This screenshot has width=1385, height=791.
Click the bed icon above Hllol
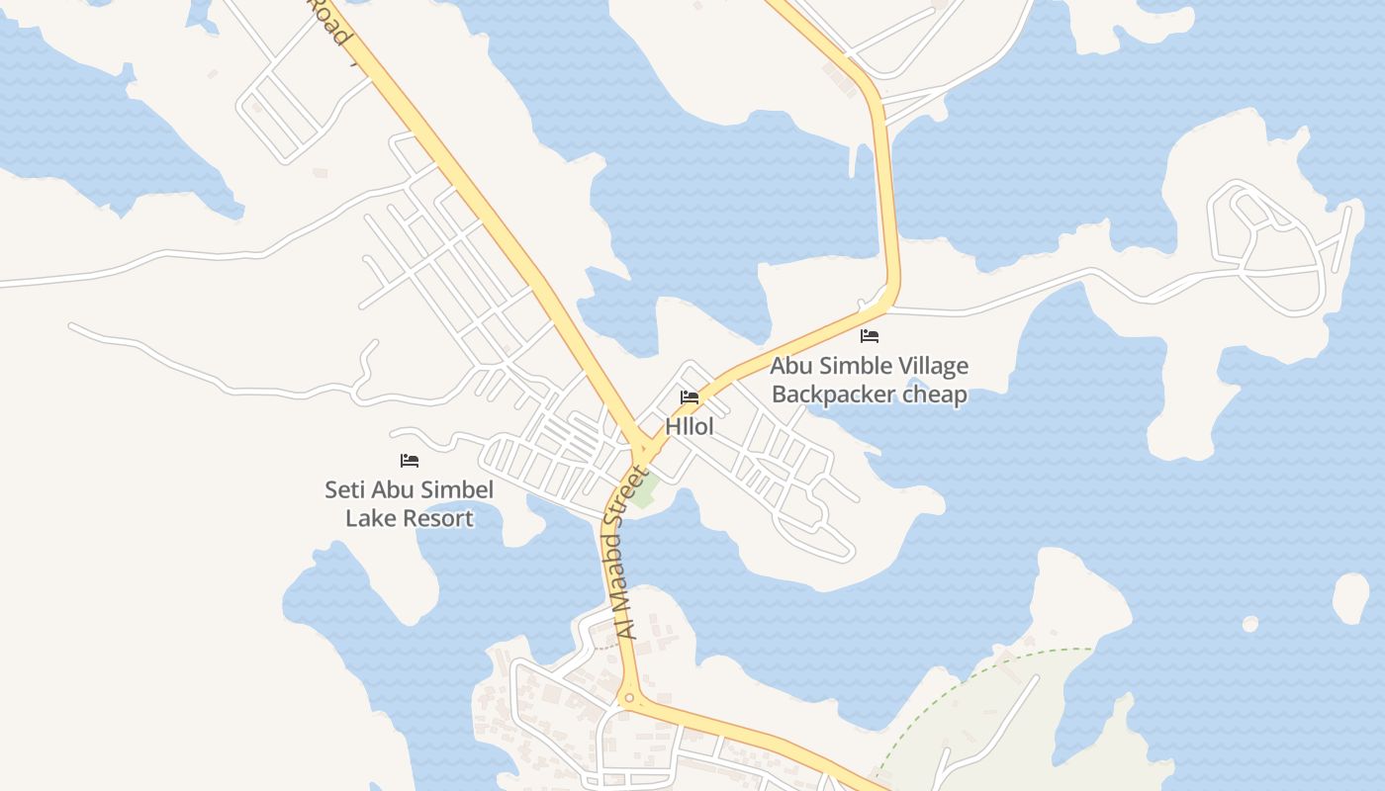tap(690, 397)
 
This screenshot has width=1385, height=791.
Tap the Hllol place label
tap(690, 426)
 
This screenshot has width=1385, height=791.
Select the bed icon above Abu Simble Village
tap(870, 336)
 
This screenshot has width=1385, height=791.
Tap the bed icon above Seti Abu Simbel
tap(410, 461)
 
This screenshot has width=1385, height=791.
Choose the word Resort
tap(435, 517)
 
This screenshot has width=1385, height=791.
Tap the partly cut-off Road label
tap(330, 22)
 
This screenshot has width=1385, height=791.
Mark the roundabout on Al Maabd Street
tap(628, 699)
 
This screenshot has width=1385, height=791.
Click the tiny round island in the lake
tap(1250, 624)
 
